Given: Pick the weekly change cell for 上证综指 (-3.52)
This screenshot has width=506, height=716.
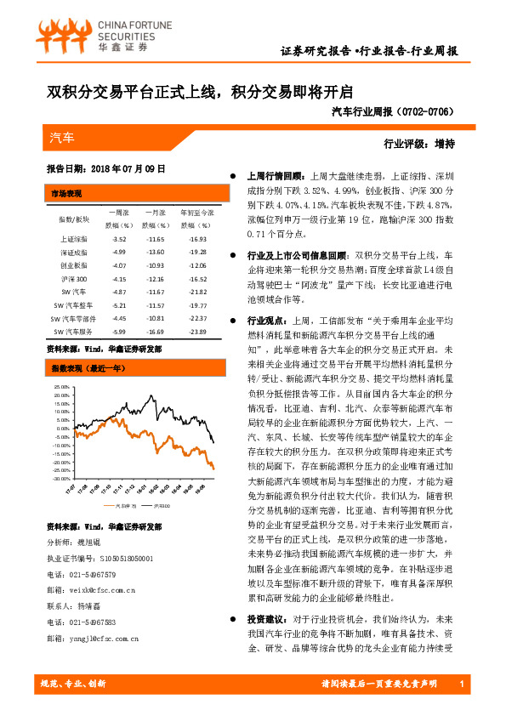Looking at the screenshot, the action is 118,240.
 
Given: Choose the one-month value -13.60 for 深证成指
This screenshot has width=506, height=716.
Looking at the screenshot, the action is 156,253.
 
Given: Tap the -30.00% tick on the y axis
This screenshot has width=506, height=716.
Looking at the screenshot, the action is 60,479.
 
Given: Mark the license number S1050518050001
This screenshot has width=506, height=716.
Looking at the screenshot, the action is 120,558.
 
